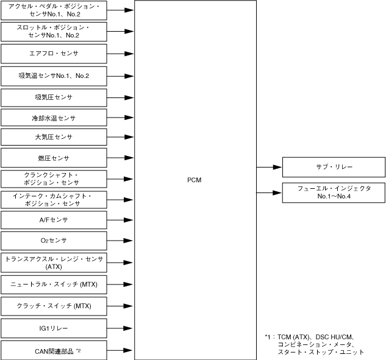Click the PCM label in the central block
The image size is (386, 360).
(195, 180)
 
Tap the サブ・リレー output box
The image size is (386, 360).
(334, 166)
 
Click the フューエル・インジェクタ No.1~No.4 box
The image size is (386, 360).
(334, 192)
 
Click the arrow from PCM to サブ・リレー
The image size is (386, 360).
(269, 166)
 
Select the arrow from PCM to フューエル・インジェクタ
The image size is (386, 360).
(269, 192)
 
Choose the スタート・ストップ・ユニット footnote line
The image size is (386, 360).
(320, 352)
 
